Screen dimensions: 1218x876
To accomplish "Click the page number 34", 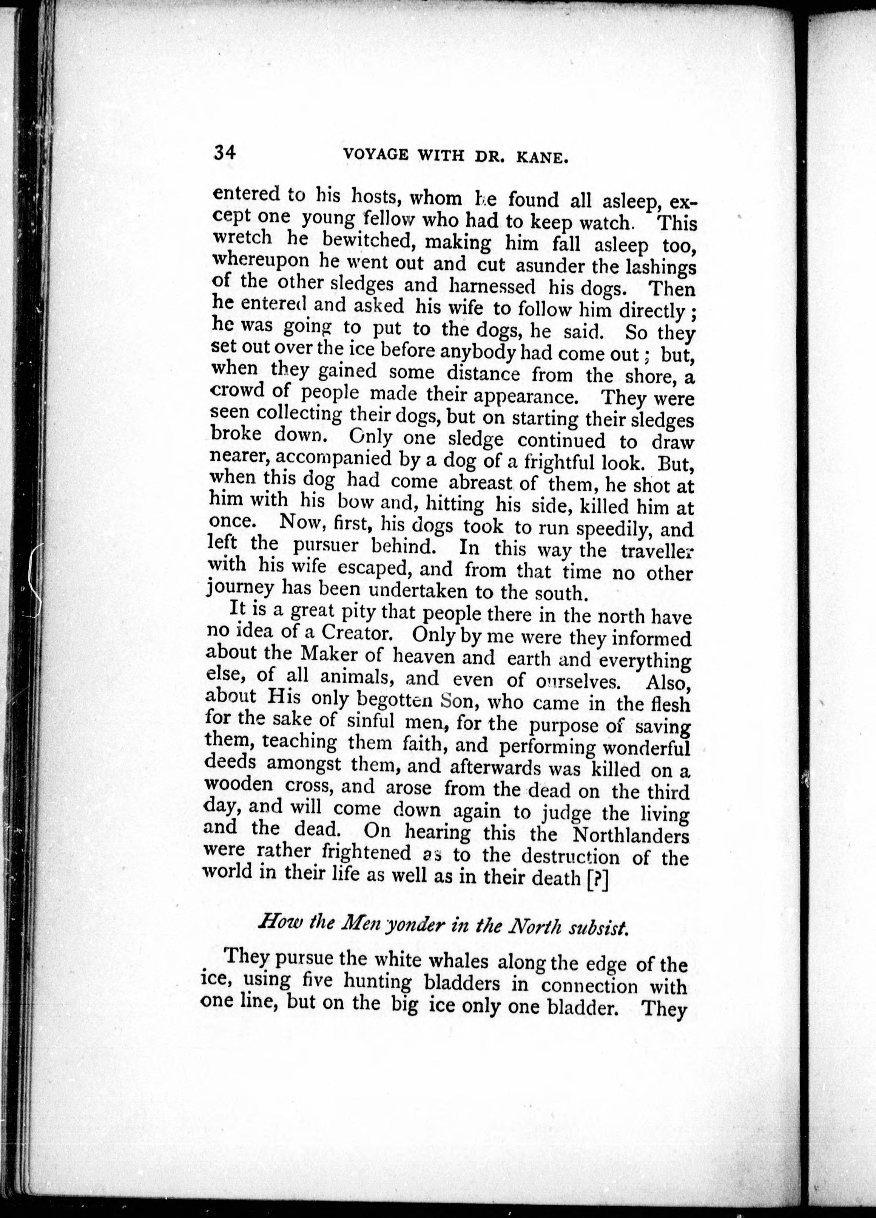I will (x=224, y=153).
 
